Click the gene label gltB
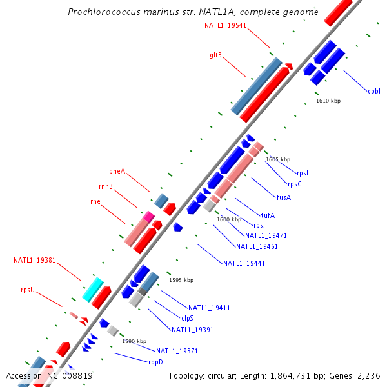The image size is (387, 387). (x=215, y=55)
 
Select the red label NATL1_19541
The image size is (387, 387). (x=225, y=25)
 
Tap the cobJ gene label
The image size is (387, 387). (x=374, y=91)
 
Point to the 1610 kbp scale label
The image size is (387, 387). (x=328, y=101)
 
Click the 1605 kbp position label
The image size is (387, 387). (x=278, y=159)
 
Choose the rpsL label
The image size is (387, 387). (x=303, y=173)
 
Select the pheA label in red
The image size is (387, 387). (x=117, y=171)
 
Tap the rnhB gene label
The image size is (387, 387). (x=106, y=186)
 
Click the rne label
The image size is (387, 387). (x=95, y=201)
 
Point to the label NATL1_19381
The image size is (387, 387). (x=35, y=261)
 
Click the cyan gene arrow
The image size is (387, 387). (x=93, y=289)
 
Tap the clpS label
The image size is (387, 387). (x=187, y=318)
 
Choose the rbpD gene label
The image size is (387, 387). (x=155, y=362)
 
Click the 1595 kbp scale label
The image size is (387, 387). (x=181, y=280)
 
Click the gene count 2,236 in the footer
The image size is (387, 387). (x=370, y=375)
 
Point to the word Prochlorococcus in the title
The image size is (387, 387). (x=100, y=12)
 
